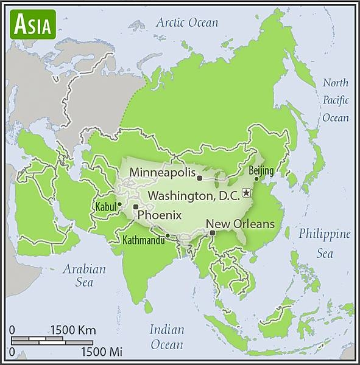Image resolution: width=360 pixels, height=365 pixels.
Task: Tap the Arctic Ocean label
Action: coord(186,23)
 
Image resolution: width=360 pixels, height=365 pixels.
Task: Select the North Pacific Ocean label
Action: coord(336,100)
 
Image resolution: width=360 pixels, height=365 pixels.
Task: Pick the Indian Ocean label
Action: coord(167,337)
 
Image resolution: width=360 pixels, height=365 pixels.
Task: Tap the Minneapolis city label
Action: coord(161,172)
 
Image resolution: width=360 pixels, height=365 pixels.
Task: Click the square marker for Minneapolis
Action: coord(199,178)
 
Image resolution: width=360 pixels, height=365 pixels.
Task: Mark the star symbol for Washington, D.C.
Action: coord(246,193)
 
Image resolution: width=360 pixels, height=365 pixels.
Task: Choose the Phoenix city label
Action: coord(160,215)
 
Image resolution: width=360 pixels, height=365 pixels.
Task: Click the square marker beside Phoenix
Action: coord(135,207)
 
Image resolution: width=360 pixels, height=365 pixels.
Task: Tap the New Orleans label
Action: coord(241,224)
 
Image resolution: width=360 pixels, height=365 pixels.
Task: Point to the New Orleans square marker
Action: coord(212,232)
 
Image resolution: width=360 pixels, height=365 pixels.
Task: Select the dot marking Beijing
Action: coord(256,178)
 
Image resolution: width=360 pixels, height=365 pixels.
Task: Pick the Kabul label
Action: coord(105,207)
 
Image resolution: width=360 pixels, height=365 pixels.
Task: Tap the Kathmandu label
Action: coord(144,241)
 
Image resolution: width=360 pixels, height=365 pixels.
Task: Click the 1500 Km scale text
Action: coord(73,330)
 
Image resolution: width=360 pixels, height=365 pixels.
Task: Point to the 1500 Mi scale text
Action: coord(102,352)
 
